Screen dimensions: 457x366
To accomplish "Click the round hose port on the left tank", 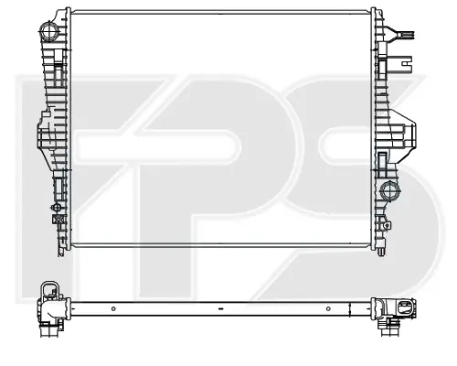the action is pos(48,30).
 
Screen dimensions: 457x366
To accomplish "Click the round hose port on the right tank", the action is pos(389,191).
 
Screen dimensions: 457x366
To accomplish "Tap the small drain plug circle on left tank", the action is pos(56,208).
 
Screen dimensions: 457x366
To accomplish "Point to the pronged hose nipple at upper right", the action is pos(401,35).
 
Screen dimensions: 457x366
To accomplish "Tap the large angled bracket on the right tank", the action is pos(401,135).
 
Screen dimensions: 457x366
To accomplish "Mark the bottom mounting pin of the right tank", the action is pos(380,252).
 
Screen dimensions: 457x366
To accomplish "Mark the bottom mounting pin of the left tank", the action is pos(61,252).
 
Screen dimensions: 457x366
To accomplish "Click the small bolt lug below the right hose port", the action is pos(387,225).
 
